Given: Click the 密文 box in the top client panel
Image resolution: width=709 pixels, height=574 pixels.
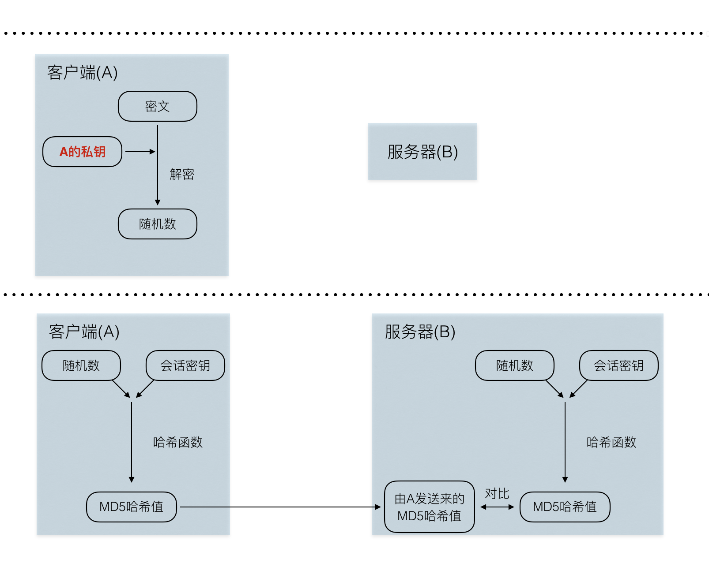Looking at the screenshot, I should click(x=158, y=106).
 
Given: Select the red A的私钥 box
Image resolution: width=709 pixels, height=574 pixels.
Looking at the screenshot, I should click(x=82, y=152).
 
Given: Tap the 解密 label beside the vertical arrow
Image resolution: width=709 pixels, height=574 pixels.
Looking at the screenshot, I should click(x=182, y=174).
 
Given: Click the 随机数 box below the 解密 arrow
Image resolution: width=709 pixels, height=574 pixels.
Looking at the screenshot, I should click(x=158, y=224).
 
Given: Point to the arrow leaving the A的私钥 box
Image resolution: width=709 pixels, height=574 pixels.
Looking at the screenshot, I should click(x=140, y=152).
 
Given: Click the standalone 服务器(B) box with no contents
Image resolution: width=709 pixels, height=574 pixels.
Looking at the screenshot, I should click(x=422, y=152).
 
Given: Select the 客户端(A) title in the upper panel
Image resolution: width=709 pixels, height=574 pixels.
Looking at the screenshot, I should click(x=83, y=73).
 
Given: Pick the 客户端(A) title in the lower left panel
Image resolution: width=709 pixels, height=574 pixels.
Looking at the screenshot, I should click(x=84, y=332).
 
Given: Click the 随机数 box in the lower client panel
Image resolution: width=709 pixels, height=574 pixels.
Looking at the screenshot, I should click(x=81, y=365).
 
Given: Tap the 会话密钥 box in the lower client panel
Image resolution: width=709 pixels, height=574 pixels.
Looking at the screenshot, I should click(x=185, y=365).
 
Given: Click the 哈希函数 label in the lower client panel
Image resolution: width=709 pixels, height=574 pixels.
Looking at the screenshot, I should click(x=178, y=442).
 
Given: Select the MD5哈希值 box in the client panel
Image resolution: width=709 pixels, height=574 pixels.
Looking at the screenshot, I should click(x=132, y=507).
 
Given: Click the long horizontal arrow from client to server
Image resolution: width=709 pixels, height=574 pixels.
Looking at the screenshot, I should click(x=280, y=507).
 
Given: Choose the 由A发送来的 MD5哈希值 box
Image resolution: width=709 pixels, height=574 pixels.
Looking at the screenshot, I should click(x=430, y=507).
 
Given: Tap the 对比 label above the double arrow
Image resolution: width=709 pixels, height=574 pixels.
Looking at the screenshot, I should click(x=497, y=494).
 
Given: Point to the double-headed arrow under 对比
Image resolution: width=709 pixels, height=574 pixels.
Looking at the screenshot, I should click(x=497, y=507).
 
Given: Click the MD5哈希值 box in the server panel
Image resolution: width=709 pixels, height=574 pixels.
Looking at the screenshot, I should click(x=565, y=507).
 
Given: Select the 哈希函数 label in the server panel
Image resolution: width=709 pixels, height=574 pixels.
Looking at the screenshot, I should click(x=611, y=442).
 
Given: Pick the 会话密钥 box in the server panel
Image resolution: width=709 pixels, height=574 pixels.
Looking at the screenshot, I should click(x=619, y=365).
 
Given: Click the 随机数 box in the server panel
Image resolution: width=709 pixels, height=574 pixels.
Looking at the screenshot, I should click(x=515, y=365).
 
